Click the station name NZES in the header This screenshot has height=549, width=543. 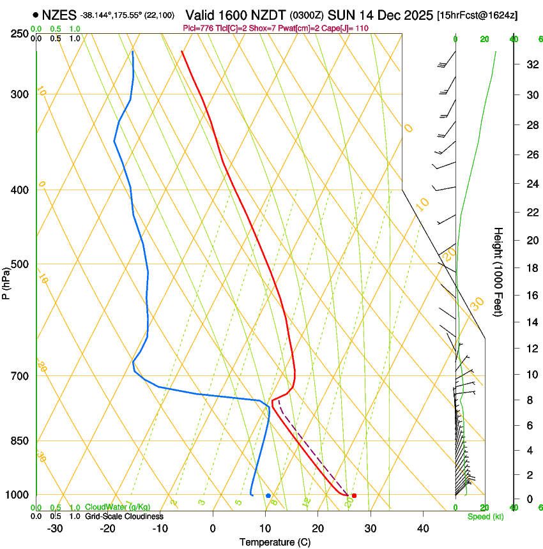click(x=59, y=14)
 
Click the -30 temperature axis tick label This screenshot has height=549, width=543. click(x=55, y=528)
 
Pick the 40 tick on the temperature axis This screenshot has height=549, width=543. click(x=423, y=528)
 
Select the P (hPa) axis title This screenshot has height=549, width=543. click(x=6, y=281)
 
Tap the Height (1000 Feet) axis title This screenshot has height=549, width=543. click(x=498, y=271)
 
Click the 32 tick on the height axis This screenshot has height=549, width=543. click(x=530, y=64)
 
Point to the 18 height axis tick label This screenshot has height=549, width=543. click(x=530, y=268)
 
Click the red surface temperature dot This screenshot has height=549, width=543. click(x=354, y=495)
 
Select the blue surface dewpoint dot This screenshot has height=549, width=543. click(x=268, y=495)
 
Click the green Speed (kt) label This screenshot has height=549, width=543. click(x=485, y=516)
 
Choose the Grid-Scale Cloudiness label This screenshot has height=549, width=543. click(x=124, y=516)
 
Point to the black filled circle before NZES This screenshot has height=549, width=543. click(x=35, y=14)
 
